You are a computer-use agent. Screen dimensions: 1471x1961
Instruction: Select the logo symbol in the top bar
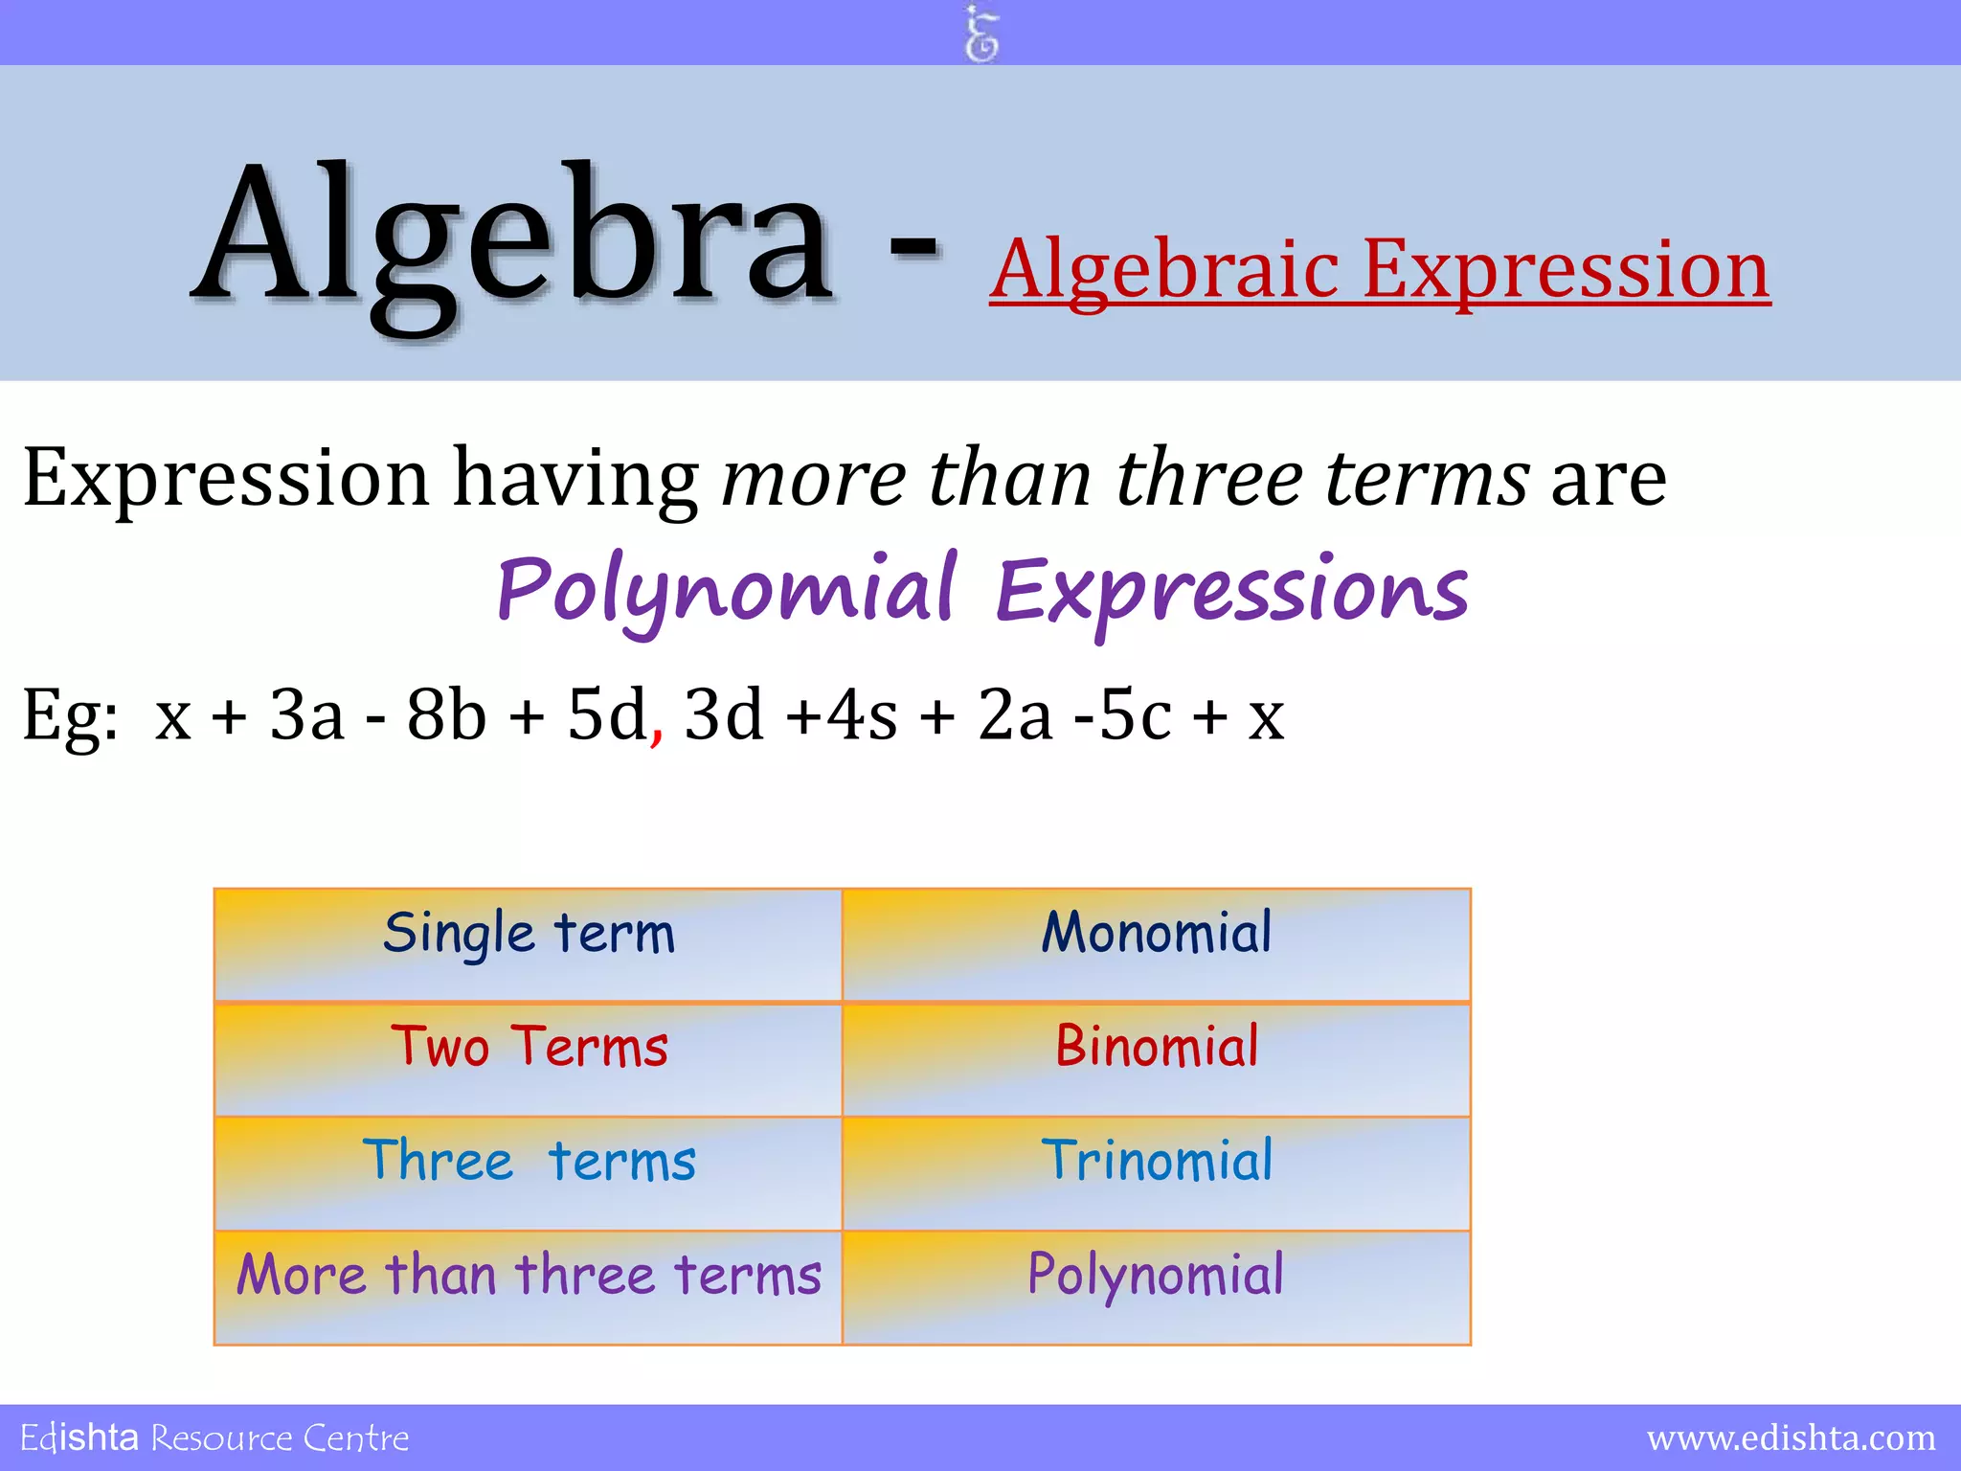[x=981, y=34]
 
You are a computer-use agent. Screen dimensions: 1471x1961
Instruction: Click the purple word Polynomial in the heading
[x=726, y=588]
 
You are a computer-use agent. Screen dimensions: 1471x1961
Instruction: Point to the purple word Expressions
[x=1231, y=590]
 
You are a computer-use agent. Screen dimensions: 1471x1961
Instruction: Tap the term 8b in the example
[x=446, y=714]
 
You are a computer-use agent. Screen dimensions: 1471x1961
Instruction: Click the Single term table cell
[x=529, y=944]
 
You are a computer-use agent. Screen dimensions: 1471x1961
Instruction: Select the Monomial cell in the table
[x=1156, y=944]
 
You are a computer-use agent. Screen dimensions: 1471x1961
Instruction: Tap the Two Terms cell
[x=529, y=1058]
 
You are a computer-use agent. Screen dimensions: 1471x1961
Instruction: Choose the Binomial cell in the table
[x=1156, y=1058]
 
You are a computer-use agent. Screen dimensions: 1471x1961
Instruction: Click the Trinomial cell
[x=1156, y=1172]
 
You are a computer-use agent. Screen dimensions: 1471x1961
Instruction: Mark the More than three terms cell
[x=529, y=1286]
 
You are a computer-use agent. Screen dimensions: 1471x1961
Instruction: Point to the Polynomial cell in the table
[x=1156, y=1286]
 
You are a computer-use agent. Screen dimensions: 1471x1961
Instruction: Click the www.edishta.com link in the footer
[x=1791, y=1437]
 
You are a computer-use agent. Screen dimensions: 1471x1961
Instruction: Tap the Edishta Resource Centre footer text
[x=214, y=1437]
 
